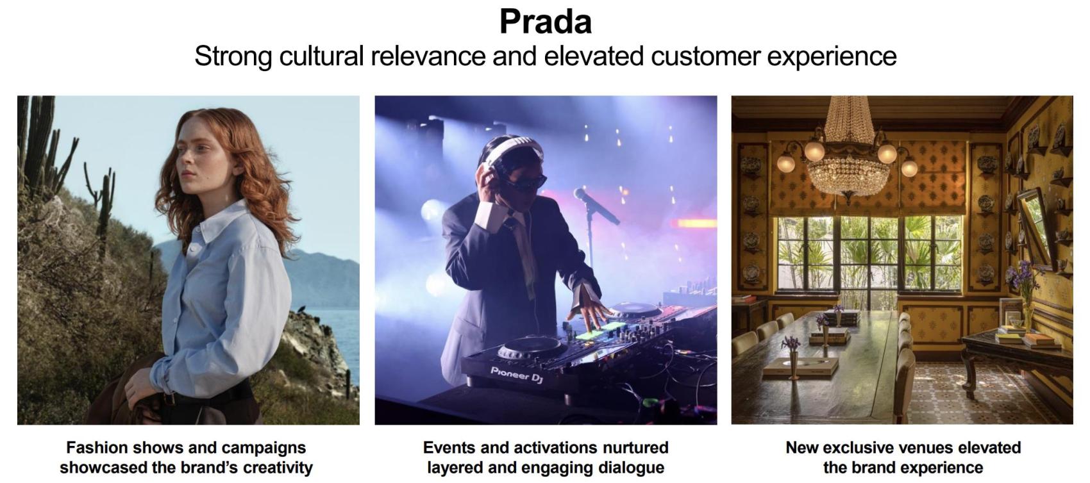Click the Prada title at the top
(546, 22)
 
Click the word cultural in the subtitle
(321, 56)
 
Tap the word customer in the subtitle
(705, 56)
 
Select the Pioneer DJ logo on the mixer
(516, 374)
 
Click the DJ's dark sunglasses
(526, 184)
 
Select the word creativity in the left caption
(278, 468)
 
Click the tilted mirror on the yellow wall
(1037, 229)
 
